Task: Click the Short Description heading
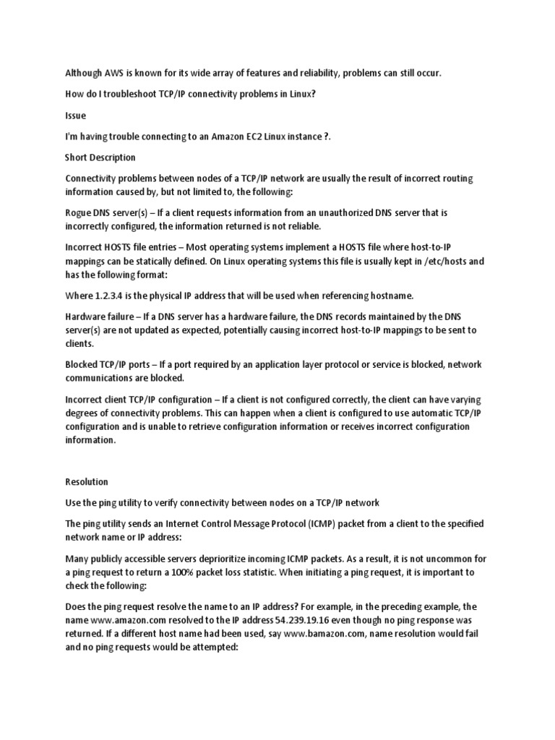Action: [x=100, y=157]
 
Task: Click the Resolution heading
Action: [x=87, y=481]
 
